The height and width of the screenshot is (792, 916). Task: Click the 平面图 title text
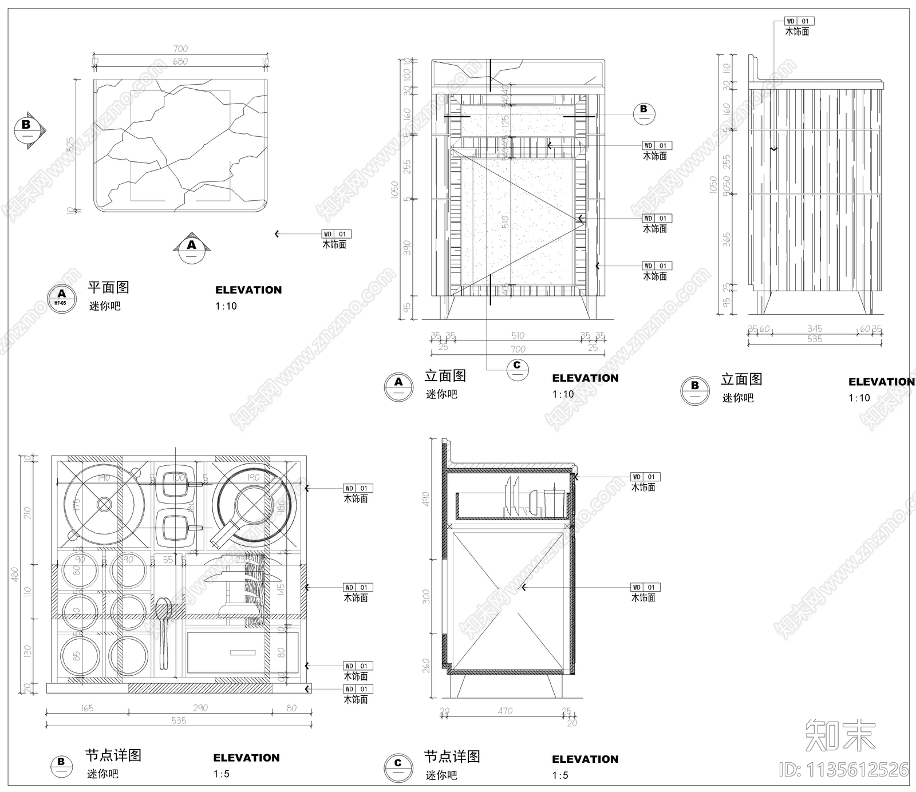[108, 287]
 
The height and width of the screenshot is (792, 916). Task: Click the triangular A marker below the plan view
[192, 245]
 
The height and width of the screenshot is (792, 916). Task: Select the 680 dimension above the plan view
[180, 61]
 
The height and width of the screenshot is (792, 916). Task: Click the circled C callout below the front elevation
[517, 369]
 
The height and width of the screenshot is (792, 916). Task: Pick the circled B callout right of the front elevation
[643, 113]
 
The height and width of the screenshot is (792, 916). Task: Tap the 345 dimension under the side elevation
[815, 329]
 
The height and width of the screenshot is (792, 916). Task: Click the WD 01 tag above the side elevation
[799, 21]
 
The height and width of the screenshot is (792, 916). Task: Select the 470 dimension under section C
[505, 711]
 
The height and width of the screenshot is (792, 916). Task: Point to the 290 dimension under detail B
[200, 708]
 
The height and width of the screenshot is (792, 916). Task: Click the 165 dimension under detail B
[87, 708]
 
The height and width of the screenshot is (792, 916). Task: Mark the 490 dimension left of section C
[425, 500]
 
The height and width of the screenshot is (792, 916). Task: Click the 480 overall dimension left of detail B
[15, 574]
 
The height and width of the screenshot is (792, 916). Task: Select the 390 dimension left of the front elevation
[407, 247]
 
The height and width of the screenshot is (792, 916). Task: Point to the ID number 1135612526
[844, 769]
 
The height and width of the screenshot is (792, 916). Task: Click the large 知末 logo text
[840, 735]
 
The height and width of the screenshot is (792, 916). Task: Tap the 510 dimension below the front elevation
[518, 336]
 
